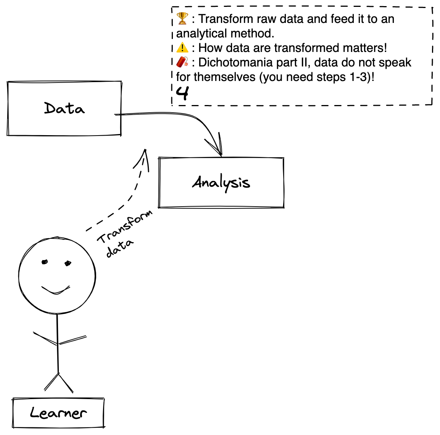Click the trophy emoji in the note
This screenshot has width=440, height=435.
pos(182,18)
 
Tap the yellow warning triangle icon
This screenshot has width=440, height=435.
pos(182,47)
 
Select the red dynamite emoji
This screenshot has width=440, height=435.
pos(182,62)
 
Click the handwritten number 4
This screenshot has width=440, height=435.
pos(182,93)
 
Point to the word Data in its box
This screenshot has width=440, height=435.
pos(64,108)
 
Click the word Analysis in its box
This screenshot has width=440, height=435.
pos(221,183)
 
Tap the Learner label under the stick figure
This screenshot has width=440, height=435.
pos(58,413)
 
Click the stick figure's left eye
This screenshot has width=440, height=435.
pos(45,262)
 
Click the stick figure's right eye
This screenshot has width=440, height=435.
pos(68,263)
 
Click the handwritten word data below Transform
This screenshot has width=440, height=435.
pos(120,248)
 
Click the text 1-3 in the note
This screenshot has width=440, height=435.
pos(358,77)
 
